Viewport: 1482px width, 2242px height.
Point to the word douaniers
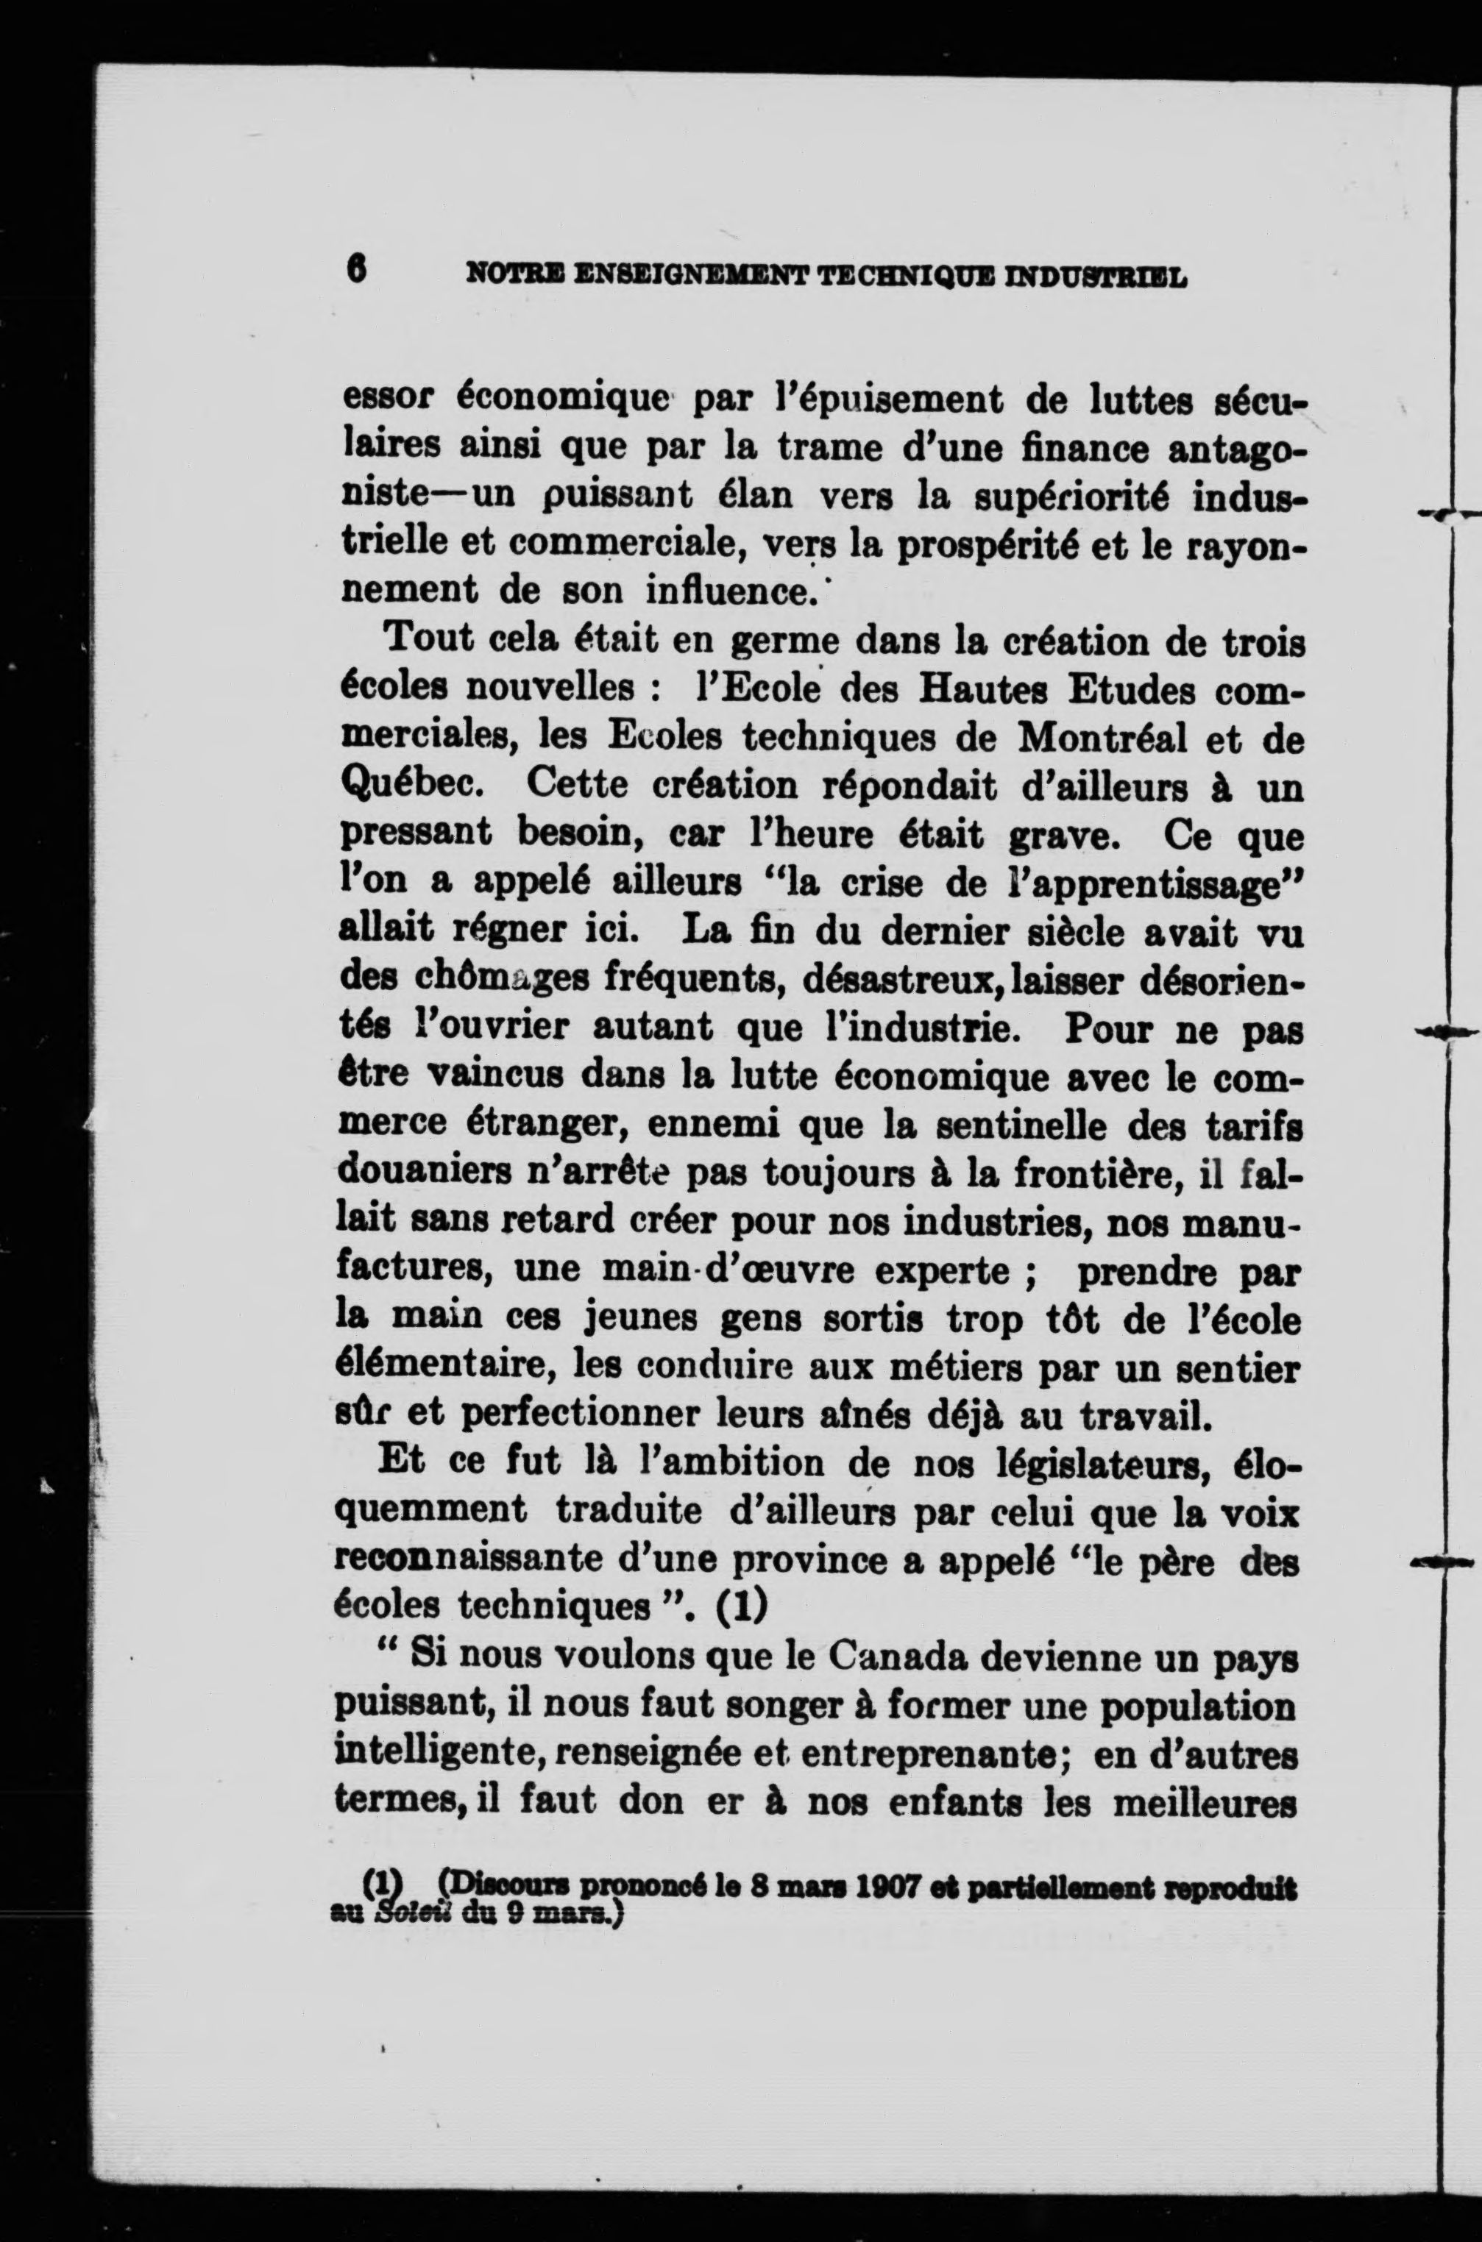click(x=415, y=1175)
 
